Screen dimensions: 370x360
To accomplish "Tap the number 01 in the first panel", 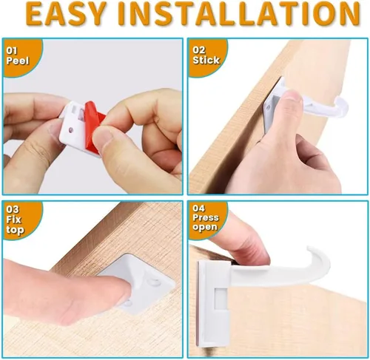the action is [12, 50].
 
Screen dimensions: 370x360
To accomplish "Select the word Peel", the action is [18, 61].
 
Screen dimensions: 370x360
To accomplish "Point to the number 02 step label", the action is [198, 50].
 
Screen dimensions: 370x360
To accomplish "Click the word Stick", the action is [206, 60].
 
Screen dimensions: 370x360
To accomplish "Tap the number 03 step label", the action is [13, 209].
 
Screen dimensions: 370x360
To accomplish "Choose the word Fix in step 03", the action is [13, 219].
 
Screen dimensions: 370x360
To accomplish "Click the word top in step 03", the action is [16, 230].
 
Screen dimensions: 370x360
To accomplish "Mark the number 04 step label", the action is [198, 208].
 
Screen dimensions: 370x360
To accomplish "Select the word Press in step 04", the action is [206, 217].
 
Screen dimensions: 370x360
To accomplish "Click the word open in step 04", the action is [205, 227].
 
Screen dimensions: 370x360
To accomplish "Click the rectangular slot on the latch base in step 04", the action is [220, 298].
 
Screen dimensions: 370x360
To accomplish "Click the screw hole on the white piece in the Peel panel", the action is [71, 129].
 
